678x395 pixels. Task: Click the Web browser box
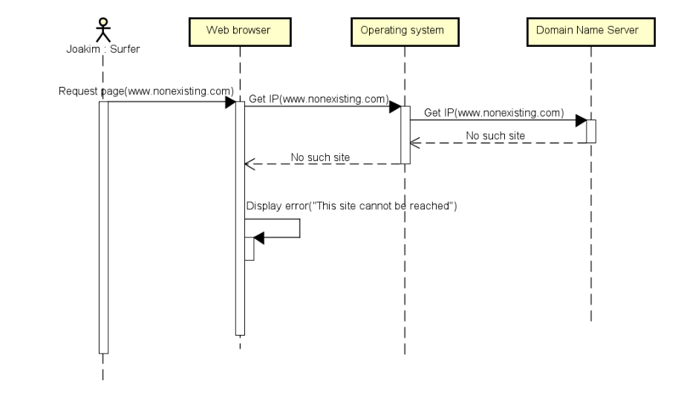[240, 30]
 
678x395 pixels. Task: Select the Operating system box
[404, 30]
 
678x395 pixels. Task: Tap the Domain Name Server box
[590, 30]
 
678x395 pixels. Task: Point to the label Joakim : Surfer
[102, 50]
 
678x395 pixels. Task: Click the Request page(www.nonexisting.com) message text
[146, 91]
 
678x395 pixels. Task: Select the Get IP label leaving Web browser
[318, 99]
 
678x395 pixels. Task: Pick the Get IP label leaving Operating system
[494, 113]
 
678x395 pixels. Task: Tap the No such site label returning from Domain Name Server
[495, 136]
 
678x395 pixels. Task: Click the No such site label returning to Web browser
[320, 157]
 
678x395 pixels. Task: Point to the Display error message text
[351, 206]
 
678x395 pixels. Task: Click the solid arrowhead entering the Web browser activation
[230, 102]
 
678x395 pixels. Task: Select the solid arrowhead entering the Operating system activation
[396, 107]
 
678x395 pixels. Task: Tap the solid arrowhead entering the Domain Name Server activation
[581, 121]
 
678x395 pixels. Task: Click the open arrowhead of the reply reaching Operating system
[416, 143]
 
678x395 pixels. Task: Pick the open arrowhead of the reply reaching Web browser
[250, 164]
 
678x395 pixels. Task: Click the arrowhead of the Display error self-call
[258, 238]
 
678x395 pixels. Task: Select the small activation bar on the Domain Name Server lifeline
[590, 131]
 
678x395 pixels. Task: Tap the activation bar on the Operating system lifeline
[405, 134]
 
